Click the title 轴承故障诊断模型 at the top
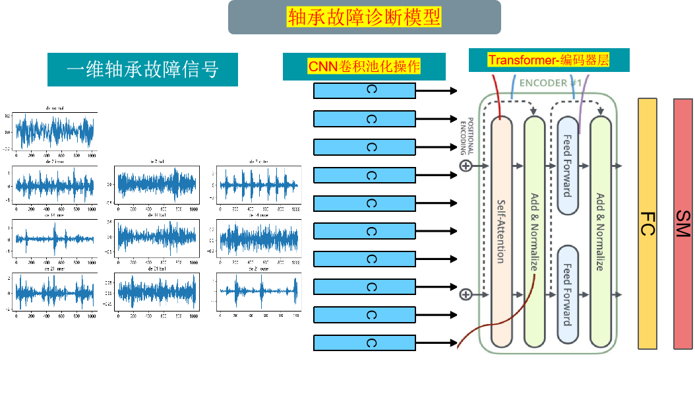(x=364, y=16)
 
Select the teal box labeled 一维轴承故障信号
(x=142, y=69)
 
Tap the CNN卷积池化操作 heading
(x=364, y=67)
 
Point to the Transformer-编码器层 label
(x=549, y=60)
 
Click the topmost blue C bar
(x=364, y=91)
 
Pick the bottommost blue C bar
(x=364, y=343)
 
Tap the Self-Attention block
(x=502, y=231)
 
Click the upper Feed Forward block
(x=567, y=165)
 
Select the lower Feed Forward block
(x=567, y=294)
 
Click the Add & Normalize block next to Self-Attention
(x=534, y=231)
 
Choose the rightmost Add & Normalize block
(x=600, y=231)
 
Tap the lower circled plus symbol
(x=466, y=294)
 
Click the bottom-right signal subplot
(x=258, y=290)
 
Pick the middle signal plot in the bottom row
(x=156, y=290)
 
